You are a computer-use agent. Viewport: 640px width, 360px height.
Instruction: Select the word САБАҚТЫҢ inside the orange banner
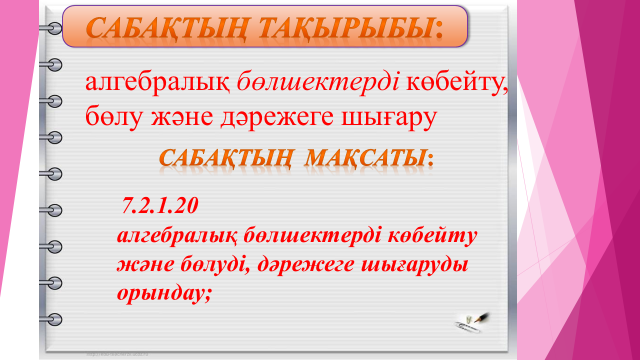click(167, 29)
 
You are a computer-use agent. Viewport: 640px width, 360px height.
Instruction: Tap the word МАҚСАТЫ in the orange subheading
click(365, 158)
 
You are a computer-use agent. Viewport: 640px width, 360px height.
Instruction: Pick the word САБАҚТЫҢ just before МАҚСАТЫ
click(226, 158)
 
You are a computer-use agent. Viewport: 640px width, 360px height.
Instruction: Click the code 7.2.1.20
click(160, 205)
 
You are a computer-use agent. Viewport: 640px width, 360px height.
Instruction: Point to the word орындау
click(162, 294)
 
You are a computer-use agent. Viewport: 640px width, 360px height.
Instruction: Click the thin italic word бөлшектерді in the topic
click(318, 82)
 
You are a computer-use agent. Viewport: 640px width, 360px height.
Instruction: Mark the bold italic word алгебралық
click(177, 237)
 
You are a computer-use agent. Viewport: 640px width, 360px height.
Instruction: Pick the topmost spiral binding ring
click(51, 28)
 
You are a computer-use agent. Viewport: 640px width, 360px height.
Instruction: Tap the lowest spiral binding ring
click(51, 319)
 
